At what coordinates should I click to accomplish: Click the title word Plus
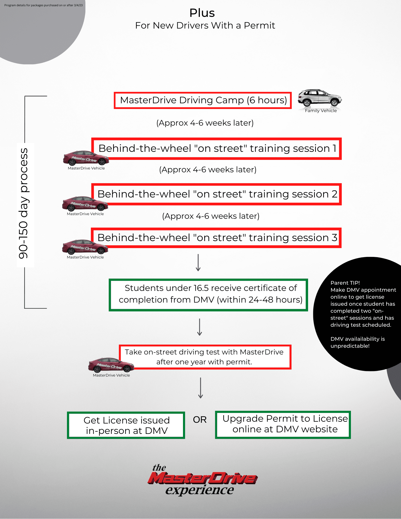[x=202, y=13]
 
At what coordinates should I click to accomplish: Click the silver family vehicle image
[x=320, y=98]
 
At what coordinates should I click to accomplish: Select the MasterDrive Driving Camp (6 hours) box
[x=203, y=100]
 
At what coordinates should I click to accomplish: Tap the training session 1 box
[x=217, y=149]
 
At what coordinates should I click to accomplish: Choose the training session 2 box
[x=217, y=194]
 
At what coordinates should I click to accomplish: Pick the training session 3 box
[x=217, y=238]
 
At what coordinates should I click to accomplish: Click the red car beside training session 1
[x=86, y=158]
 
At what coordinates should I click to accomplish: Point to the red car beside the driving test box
[x=111, y=365]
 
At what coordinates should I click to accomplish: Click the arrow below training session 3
[x=198, y=263]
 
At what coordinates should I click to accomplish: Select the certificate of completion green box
[x=208, y=295]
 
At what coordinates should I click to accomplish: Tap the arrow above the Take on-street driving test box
[x=200, y=327]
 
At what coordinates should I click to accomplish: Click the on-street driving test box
[x=205, y=357]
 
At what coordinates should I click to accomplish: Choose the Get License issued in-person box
[x=126, y=425]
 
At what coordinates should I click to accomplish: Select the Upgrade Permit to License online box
[x=283, y=425]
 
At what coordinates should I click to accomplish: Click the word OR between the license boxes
[x=200, y=420]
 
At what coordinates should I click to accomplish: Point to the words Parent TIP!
[x=345, y=283]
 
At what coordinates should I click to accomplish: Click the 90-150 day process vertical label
[x=24, y=204]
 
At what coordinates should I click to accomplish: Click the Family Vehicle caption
[x=321, y=111]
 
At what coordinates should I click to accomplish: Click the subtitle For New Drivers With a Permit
[x=205, y=26]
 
